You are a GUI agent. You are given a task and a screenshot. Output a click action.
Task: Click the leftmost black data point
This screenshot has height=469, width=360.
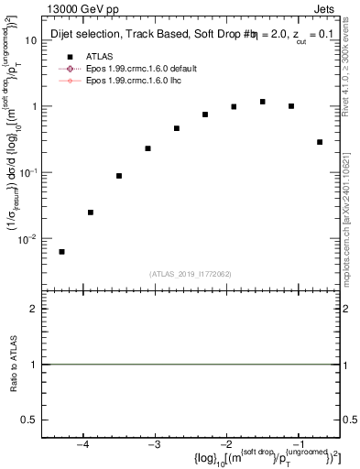[61, 252]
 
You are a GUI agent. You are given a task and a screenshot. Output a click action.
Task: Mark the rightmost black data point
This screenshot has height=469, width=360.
[320, 142]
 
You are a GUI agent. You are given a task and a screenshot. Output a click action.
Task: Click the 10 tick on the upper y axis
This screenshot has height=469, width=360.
[31, 40]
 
